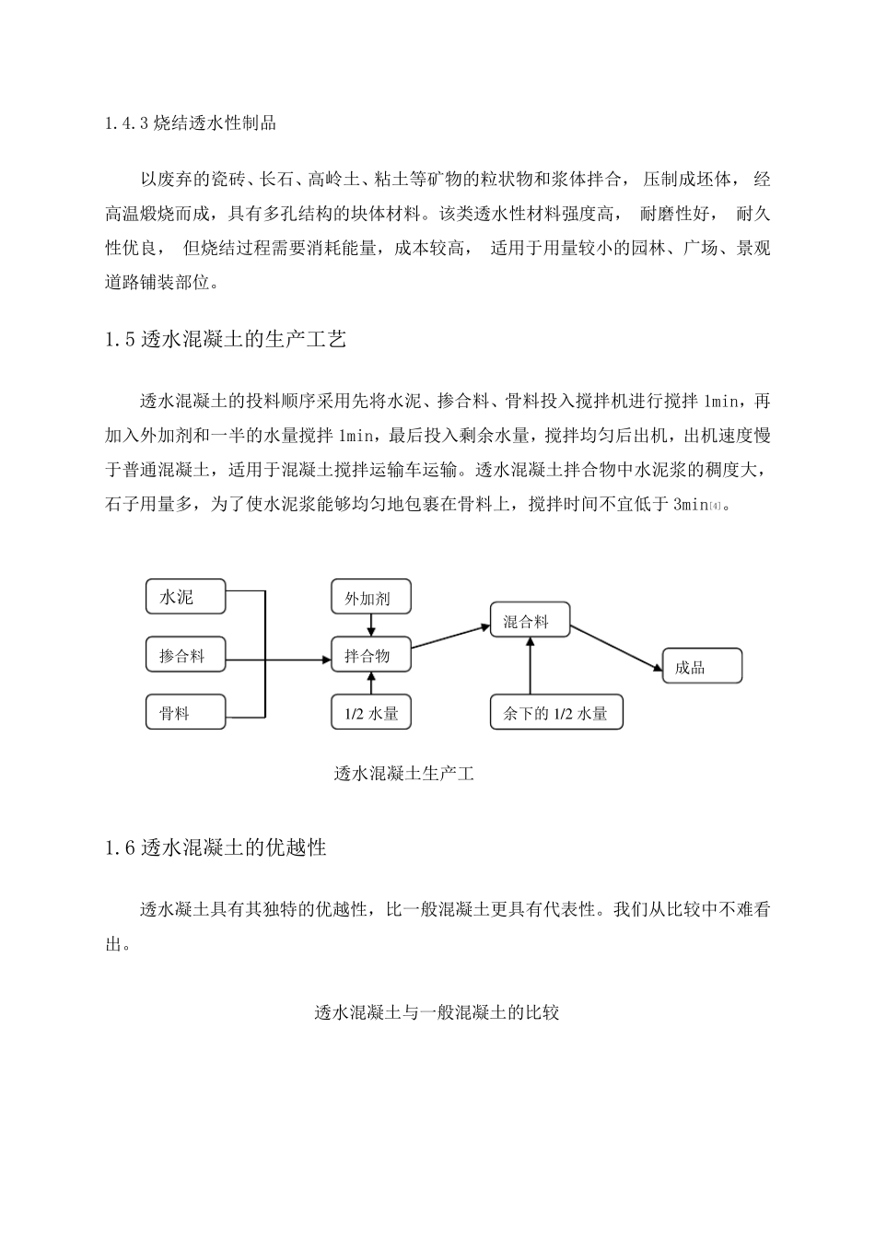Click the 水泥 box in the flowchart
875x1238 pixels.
coord(185,597)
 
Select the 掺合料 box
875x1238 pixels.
coord(185,656)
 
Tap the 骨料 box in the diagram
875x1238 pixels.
coord(185,713)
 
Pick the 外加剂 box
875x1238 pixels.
coord(370,598)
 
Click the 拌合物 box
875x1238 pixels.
coord(370,656)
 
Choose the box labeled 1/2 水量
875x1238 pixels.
coord(370,713)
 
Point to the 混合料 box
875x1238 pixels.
coord(530,622)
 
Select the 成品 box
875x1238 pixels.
coord(702,667)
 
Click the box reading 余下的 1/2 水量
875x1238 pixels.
coord(556,713)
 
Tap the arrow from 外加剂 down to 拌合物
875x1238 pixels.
coord(370,625)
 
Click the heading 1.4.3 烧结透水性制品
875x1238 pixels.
coord(191,123)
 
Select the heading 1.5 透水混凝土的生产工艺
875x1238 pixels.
coord(226,340)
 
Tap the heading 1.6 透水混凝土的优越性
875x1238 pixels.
coord(216,847)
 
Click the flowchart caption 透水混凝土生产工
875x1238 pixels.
coord(403,774)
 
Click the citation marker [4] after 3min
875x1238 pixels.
coord(716,506)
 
